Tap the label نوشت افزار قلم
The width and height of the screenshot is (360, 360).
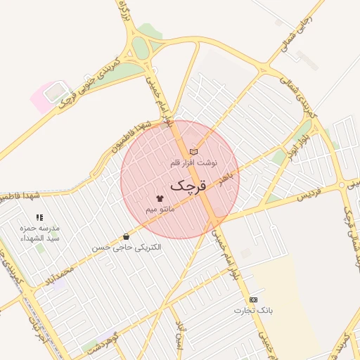pos(194,162)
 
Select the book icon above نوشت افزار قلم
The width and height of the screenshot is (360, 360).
pos(193,152)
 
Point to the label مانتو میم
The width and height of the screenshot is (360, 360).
pos(160,210)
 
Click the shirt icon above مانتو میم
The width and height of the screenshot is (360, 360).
pos(160,199)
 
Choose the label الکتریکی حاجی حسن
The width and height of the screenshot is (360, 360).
pos(126,247)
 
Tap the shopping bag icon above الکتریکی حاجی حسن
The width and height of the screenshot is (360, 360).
pos(126,237)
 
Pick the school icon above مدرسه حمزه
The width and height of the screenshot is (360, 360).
pos(39,218)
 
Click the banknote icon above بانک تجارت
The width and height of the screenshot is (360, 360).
pos(253,300)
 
